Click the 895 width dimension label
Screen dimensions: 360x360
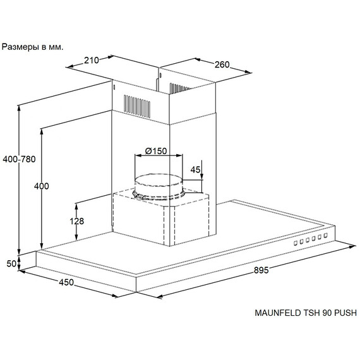pyautogui.click(x=261, y=270)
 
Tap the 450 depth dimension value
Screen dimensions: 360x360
pyautogui.click(x=66, y=282)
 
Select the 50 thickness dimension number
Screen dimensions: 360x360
pyautogui.click(x=11, y=263)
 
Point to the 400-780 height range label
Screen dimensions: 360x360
pyautogui.click(x=20, y=159)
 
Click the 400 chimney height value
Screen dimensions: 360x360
pyautogui.click(x=42, y=186)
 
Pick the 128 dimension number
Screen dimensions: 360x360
pyautogui.click(x=76, y=221)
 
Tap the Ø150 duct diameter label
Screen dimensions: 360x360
pyautogui.click(x=156, y=151)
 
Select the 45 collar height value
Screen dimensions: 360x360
pyautogui.click(x=195, y=170)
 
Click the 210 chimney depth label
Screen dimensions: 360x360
pyautogui.click(x=92, y=61)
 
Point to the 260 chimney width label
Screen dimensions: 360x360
pyautogui.click(x=222, y=65)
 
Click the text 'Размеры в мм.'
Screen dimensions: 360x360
pyautogui.click(x=32, y=47)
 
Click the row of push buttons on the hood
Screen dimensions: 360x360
pyautogui.click(x=311, y=239)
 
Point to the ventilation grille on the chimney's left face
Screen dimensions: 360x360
pyautogui.click(x=137, y=107)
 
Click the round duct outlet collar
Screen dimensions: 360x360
pyautogui.click(x=159, y=186)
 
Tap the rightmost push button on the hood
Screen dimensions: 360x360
pyautogui.click(x=325, y=236)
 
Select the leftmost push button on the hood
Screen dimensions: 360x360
pyautogui.click(x=296, y=243)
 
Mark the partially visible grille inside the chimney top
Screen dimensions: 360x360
pyautogui.click(x=179, y=88)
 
